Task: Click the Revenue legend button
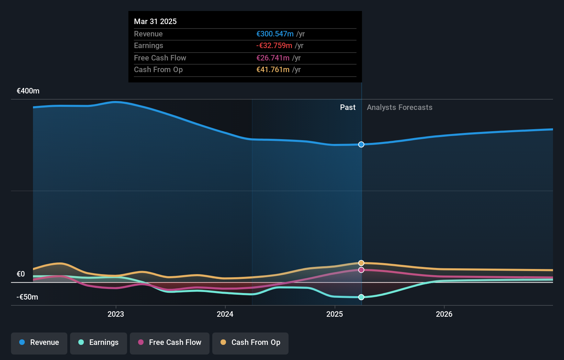point(39,342)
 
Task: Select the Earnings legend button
point(99,342)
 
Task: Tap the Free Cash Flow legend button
point(170,342)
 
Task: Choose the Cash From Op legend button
point(250,342)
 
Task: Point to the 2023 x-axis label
point(116,314)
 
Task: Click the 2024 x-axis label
point(225,314)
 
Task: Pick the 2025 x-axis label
point(335,314)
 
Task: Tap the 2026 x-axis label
point(444,314)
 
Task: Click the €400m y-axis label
point(28,91)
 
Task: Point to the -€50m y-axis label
point(27,297)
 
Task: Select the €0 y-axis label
point(21,274)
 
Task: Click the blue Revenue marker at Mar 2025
point(361,145)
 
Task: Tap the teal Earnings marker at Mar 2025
point(361,297)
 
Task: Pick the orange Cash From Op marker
point(361,263)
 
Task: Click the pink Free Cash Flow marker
point(361,270)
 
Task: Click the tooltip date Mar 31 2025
point(155,22)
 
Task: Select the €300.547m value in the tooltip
point(275,34)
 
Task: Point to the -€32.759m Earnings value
point(274,46)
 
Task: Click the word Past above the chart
point(348,108)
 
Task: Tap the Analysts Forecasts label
point(399,108)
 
